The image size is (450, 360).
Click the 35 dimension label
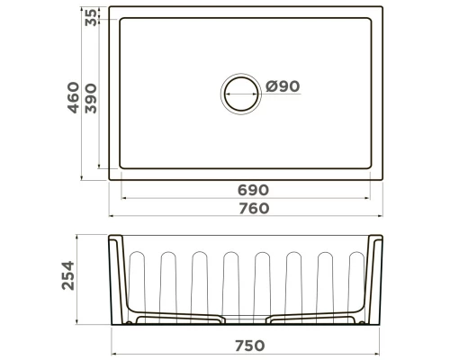pyautogui.click(x=91, y=16)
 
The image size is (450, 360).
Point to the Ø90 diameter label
pyautogui.click(x=283, y=86)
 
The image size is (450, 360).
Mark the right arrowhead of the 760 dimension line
pyautogui.click(x=382, y=217)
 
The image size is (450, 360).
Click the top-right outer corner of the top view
pyautogui.click(x=384, y=10)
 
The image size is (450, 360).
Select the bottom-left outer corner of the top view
pyautogui.click(x=109, y=180)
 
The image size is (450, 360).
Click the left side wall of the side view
pyautogui.click(x=116, y=279)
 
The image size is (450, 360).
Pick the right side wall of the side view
pyautogui.click(x=373, y=279)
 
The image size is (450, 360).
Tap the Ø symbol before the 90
pyautogui.click(x=271, y=86)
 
